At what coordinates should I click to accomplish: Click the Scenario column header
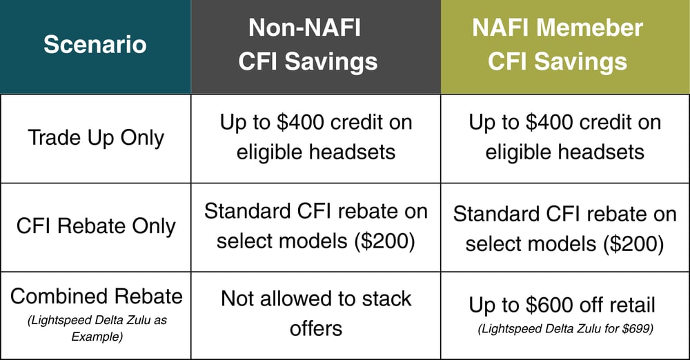click(x=95, y=45)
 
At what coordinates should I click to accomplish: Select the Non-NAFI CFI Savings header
click(x=308, y=45)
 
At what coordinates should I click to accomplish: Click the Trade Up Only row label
click(x=96, y=137)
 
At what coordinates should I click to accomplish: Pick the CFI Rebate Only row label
click(x=96, y=226)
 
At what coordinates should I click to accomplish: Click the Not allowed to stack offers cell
click(x=315, y=313)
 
